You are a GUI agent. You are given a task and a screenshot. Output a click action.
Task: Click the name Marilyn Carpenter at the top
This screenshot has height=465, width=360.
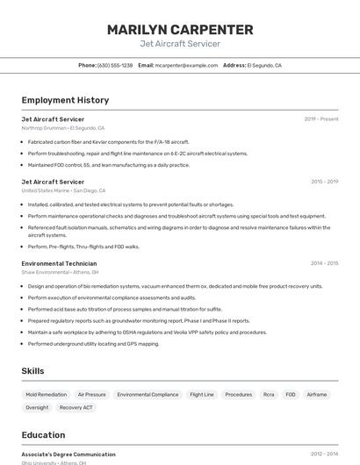click(x=180, y=30)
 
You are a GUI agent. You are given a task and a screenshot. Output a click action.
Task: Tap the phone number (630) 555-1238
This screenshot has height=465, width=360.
click(x=115, y=65)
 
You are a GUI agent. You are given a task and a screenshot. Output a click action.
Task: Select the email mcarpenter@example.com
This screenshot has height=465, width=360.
click(x=186, y=65)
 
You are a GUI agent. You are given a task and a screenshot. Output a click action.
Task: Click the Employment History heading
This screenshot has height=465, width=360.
click(x=65, y=100)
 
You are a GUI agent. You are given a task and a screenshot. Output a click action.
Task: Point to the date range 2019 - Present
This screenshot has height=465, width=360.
click(x=320, y=118)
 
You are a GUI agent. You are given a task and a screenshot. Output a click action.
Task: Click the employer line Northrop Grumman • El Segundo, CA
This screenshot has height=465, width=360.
click(x=62, y=127)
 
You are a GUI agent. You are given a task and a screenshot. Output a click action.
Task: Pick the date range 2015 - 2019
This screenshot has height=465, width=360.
click(x=324, y=182)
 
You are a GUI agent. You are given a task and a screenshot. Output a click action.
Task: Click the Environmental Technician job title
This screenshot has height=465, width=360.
click(x=59, y=263)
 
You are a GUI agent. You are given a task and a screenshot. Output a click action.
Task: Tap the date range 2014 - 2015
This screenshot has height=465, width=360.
click(x=324, y=263)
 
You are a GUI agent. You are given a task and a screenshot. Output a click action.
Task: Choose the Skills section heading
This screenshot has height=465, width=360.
click(x=33, y=371)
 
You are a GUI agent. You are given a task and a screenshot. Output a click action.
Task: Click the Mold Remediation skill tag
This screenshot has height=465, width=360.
click(x=46, y=395)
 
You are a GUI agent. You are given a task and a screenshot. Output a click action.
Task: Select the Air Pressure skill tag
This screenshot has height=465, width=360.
click(x=91, y=395)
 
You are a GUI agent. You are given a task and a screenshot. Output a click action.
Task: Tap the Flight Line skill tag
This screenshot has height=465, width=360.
click(x=202, y=395)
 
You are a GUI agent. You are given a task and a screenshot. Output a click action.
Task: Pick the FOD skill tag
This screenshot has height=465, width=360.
click(x=291, y=395)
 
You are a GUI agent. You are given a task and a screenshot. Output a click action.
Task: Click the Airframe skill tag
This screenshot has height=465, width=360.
click(x=317, y=395)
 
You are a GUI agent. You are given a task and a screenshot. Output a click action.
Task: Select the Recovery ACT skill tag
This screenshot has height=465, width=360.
click(x=76, y=407)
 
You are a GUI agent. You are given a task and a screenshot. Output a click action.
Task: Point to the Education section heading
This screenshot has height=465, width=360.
click(x=43, y=434)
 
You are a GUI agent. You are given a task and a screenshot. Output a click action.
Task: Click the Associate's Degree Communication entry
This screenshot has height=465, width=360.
click(x=68, y=454)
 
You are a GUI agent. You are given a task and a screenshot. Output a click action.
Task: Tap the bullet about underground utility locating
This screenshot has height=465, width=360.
click(x=93, y=344)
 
